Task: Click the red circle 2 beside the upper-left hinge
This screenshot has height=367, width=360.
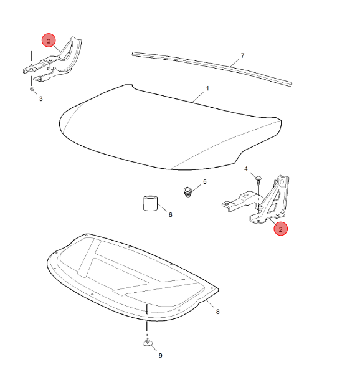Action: tap(49, 41)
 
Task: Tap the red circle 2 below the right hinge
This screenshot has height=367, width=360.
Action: tap(281, 229)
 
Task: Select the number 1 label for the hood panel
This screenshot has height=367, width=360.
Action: tap(207, 88)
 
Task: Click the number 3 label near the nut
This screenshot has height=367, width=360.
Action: tap(41, 99)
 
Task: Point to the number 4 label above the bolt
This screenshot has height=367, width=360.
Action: tap(246, 169)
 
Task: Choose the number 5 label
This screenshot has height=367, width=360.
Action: tap(205, 182)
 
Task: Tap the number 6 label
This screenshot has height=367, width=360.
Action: tap(170, 214)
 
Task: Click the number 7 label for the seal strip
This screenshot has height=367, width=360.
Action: tap(242, 55)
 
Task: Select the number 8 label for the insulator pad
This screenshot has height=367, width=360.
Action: tap(218, 312)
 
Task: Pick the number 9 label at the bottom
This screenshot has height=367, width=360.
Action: tap(161, 356)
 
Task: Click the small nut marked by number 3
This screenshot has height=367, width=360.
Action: tap(32, 89)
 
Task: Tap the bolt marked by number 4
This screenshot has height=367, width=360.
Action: tap(258, 180)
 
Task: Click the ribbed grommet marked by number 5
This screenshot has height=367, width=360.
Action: tap(187, 192)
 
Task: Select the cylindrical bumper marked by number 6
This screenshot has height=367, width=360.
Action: tap(150, 203)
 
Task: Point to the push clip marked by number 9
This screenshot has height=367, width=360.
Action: tap(148, 343)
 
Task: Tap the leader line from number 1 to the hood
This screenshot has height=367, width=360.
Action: tap(198, 97)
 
